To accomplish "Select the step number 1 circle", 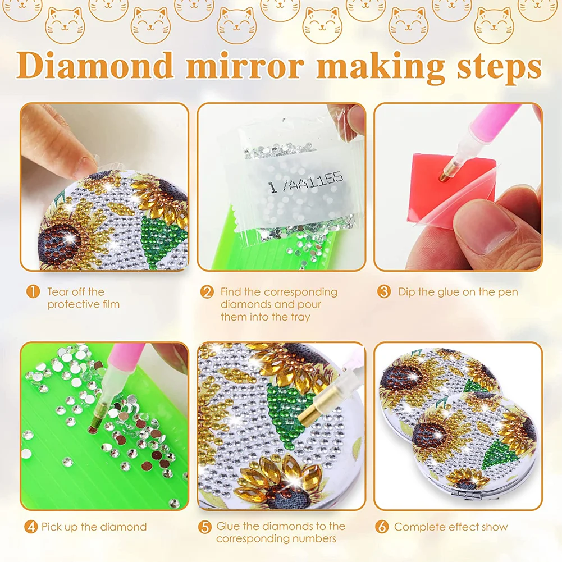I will [x=34, y=292].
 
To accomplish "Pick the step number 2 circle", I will [x=208, y=292].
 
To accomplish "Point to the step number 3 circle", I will [x=384, y=292].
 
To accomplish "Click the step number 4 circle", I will [x=31, y=527].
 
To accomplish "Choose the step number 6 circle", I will [x=382, y=527].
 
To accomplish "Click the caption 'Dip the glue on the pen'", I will [x=458, y=292].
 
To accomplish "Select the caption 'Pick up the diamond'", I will [x=94, y=527].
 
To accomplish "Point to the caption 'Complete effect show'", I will [x=451, y=527].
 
